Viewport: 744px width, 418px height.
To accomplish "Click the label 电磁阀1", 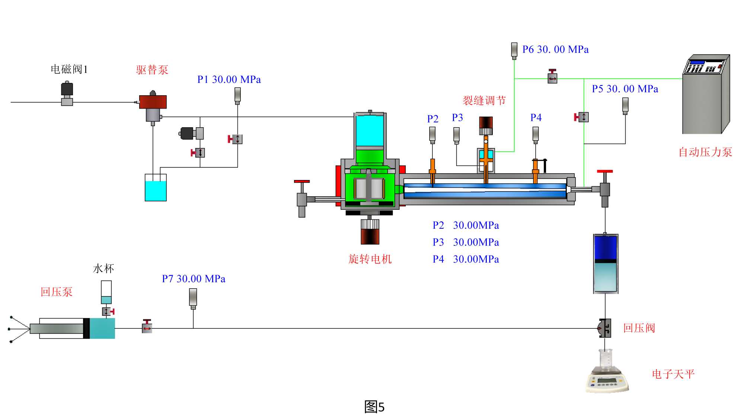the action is click(69, 69).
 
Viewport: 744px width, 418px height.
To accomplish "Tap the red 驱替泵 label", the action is click(152, 70).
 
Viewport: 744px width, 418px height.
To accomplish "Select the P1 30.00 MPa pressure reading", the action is click(229, 80).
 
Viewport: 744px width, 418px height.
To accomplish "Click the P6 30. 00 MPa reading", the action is click(555, 49).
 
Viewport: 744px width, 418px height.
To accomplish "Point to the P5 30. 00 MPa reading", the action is click(625, 89).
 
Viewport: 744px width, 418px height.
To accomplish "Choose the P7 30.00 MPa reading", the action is click(194, 279).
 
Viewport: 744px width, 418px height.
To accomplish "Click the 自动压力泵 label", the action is click(705, 152).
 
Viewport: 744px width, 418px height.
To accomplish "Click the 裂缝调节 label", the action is click(484, 100).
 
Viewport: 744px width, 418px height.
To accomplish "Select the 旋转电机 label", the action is click(370, 259).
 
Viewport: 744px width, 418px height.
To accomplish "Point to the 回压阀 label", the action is click(639, 328).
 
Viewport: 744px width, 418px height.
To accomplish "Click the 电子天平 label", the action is click(673, 374).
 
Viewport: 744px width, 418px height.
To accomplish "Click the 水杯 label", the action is click(103, 269).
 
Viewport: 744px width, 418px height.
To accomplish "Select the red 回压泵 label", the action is click(56, 292).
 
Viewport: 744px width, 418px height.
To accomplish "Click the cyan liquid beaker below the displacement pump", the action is click(156, 188).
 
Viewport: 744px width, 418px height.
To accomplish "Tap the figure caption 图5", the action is click(374, 407).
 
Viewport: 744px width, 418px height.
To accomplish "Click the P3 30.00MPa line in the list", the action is click(466, 242).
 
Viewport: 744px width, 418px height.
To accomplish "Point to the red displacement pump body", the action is click(153, 102).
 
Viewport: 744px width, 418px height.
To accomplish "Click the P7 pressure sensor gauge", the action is click(193, 299).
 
